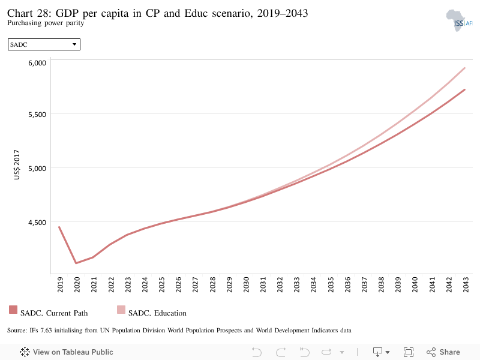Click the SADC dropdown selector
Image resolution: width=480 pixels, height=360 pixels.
44,44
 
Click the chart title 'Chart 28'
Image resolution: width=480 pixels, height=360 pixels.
29,13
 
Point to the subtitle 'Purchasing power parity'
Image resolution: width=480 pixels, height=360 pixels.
46,23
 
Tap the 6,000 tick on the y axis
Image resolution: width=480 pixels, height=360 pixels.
37,63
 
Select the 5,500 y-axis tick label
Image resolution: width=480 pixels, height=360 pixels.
37,115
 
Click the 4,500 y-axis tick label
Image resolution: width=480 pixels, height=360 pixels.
37,223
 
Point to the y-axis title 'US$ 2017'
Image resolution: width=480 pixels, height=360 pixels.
17,164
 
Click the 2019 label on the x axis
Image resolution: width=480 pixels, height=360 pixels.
61,284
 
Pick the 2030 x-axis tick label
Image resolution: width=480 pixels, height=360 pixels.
246,284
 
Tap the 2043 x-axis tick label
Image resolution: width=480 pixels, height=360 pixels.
466,284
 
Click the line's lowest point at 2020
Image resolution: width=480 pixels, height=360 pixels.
76,263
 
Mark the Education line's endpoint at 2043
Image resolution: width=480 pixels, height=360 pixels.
464,68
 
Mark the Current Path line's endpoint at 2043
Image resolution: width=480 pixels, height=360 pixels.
464,89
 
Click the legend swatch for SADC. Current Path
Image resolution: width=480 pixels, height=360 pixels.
13,310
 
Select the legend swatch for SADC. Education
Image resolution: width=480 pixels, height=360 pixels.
121,310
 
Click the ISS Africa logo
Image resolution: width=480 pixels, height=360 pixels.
459,20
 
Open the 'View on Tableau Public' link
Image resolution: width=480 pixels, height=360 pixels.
67,352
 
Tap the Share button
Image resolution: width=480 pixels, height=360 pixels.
443,352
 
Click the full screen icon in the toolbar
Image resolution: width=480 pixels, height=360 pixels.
409,352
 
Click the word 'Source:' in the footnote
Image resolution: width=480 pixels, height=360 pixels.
17,331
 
